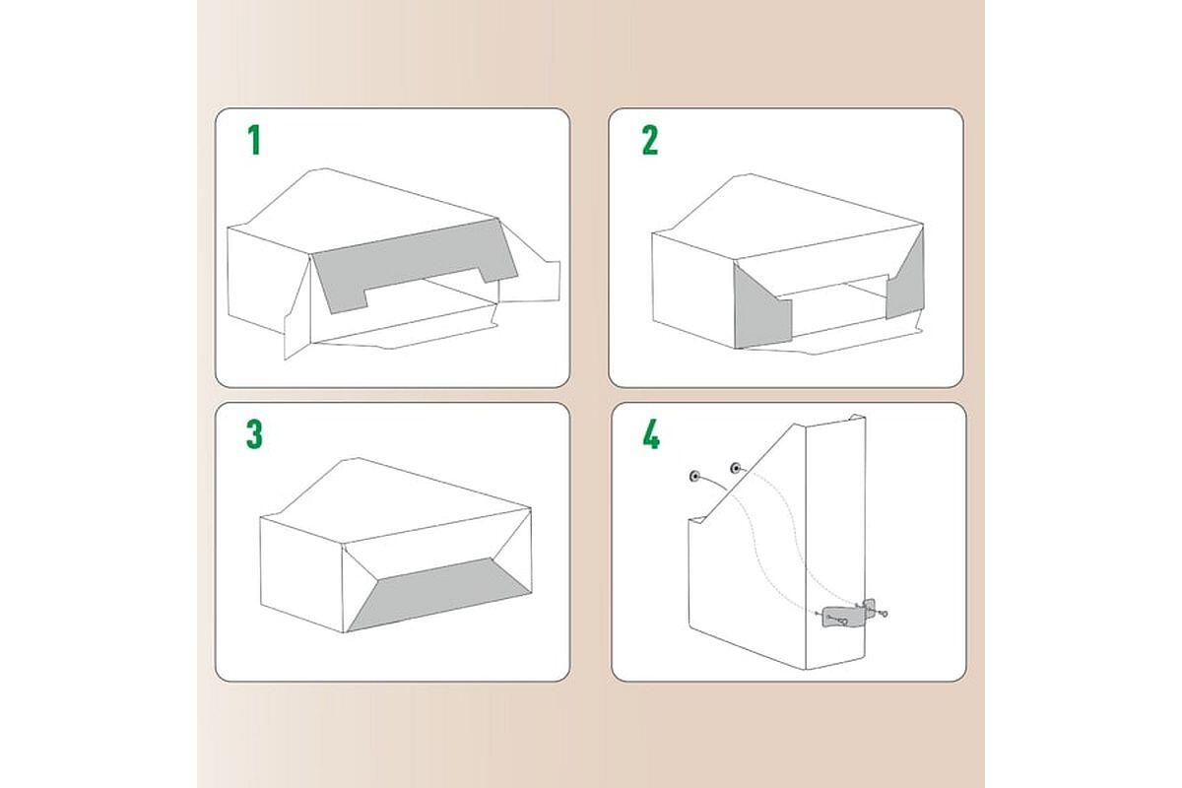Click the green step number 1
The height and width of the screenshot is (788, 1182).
[255, 140]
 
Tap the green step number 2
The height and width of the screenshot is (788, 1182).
[650, 141]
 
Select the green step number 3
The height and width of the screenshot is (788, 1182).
[254, 434]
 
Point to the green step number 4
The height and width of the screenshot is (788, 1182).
[651, 435]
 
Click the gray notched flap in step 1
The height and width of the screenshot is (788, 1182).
[412, 264]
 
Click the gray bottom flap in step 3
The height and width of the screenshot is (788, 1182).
[438, 594]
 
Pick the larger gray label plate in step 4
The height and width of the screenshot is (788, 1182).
[844, 618]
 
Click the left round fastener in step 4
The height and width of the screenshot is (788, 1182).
[695, 477]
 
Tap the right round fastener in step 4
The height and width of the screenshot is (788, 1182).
[736, 468]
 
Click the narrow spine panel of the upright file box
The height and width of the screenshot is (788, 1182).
[835, 544]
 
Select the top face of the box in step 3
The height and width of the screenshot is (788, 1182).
[396, 498]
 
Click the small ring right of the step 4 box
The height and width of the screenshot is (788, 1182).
[885, 614]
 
